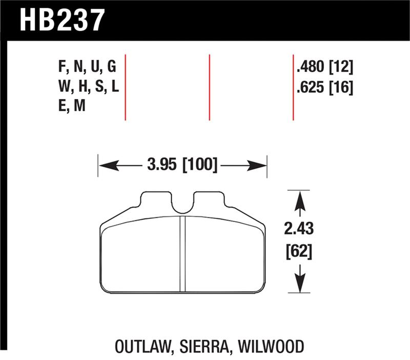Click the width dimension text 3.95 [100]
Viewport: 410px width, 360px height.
(182, 166)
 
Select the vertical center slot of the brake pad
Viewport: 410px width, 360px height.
(182, 254)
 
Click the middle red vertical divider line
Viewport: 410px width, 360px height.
(210, 87)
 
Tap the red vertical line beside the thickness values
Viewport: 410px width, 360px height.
(293, 87)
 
